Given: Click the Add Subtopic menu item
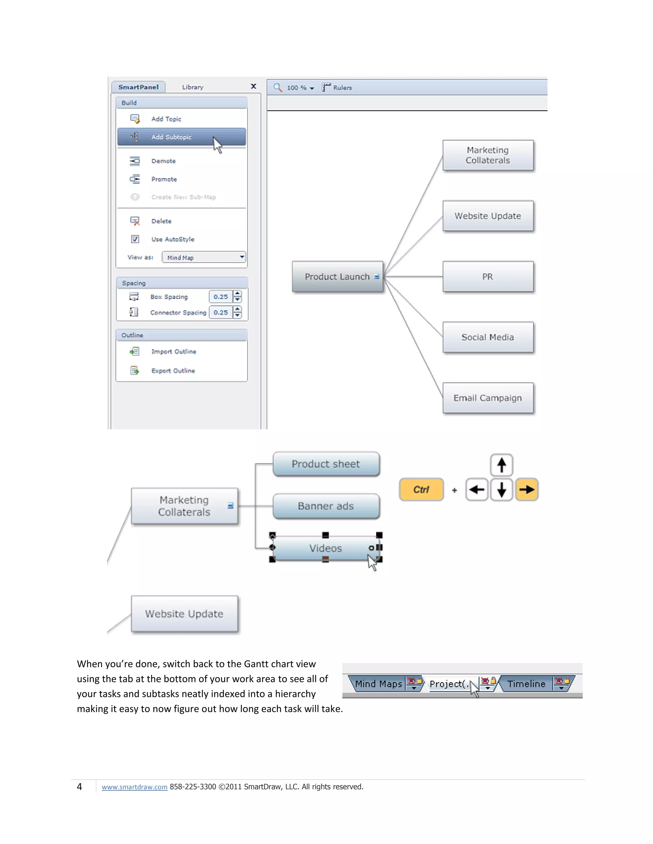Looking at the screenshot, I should [x=171, y=137].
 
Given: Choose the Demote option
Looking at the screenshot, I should [x=163, y=161].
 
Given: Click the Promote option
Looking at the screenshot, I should [x=164, y=179].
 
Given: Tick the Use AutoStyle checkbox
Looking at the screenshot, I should [x=135, y=239].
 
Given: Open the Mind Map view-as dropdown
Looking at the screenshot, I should [x=204, y=257].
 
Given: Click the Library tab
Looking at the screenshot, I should [x=193, y=87].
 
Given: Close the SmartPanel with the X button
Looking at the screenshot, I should [x=253, y=86].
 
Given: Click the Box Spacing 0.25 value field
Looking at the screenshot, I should [x=221, y=297].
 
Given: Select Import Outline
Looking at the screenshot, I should [x=173, y=352].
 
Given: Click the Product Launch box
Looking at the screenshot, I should [x=337, y=277].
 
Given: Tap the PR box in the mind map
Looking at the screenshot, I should [x=488, y=277].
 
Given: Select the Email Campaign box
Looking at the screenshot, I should [x=488, y=398].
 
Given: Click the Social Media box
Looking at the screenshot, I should [x=488, y=337].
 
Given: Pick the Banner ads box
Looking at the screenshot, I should [x=326, y=506].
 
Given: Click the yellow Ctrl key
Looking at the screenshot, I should [x=421, y=490].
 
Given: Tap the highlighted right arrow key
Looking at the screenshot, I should [x=526, y=490].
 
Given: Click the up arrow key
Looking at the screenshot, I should [x=501, y=465].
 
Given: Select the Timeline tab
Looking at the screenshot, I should [x=526, y=684].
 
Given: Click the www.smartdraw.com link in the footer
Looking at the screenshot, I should [x=134, y=787].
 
